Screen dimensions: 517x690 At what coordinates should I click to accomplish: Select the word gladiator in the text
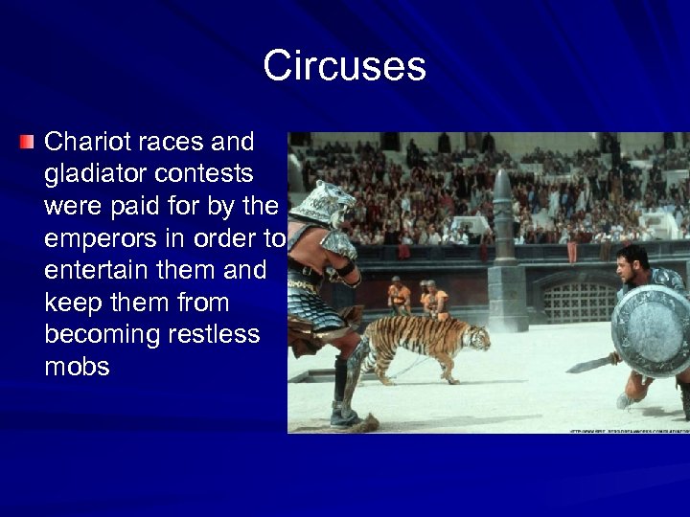tap(91, 174)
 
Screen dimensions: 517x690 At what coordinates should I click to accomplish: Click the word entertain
tap(91, 271)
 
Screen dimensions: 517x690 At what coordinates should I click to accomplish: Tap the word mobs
tap(77, 368)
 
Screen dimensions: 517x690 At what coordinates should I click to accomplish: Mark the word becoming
tap(101, 335)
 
